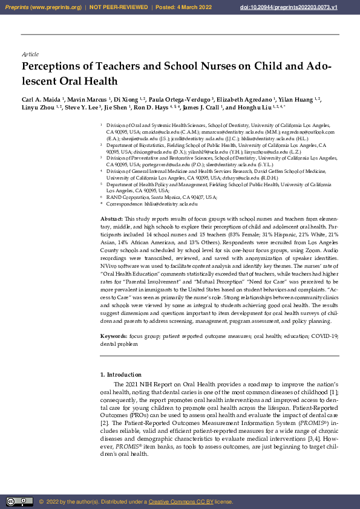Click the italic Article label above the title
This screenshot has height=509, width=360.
[x=30, y=54]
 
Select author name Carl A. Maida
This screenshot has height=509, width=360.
[x=41, y=99]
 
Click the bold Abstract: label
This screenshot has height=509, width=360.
[x=111, y=217]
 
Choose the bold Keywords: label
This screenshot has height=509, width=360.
[x=113, y=336]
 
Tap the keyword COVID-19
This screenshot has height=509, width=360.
[x=327, y=336]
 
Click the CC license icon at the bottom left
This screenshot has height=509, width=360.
[x=19, y=502]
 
